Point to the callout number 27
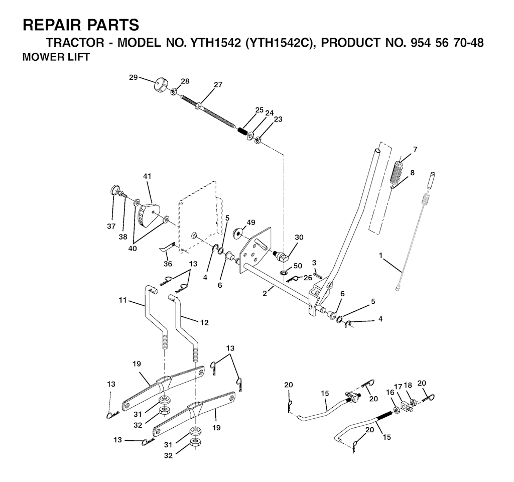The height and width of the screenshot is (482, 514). tap(218, 85)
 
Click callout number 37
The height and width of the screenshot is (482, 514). tap(111, 226)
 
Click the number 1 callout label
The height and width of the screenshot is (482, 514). tap(381, 256)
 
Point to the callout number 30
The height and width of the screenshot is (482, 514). tap(299, 237)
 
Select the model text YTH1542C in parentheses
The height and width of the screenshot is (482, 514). tap(277, 43)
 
